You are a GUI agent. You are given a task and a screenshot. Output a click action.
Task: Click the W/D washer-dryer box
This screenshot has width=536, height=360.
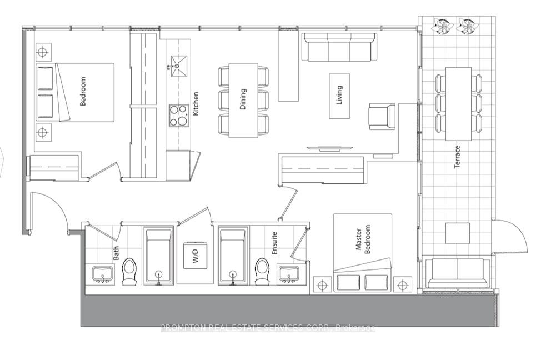click(195, 256)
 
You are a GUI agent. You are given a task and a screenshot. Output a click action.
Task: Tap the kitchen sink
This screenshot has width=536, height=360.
click(178, 66)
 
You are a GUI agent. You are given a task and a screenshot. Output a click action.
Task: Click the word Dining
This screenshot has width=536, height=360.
click(243, 99)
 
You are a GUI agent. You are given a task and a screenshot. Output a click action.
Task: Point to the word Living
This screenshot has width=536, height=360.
click(339, 95)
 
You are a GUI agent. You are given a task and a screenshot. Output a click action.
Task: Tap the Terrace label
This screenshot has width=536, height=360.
click(457, 157)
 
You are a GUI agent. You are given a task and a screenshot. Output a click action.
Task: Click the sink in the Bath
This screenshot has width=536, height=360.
click(103, 274)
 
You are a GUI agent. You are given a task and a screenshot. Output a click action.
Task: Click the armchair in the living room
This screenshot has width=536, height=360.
click(382, 117)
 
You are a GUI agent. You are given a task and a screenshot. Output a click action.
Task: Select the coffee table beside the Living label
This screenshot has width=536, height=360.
click(339, 96)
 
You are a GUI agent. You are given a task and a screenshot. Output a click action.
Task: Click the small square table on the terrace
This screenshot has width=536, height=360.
click(457, 233)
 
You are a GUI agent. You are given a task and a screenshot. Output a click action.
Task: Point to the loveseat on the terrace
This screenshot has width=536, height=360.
click(457, 273)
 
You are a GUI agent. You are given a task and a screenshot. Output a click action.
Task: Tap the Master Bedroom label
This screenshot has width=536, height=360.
click(362, 239)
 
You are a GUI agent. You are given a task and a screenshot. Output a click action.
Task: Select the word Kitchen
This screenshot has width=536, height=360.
click(195, 103)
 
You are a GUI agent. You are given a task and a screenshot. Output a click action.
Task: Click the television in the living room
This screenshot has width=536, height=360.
click(329, 148)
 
